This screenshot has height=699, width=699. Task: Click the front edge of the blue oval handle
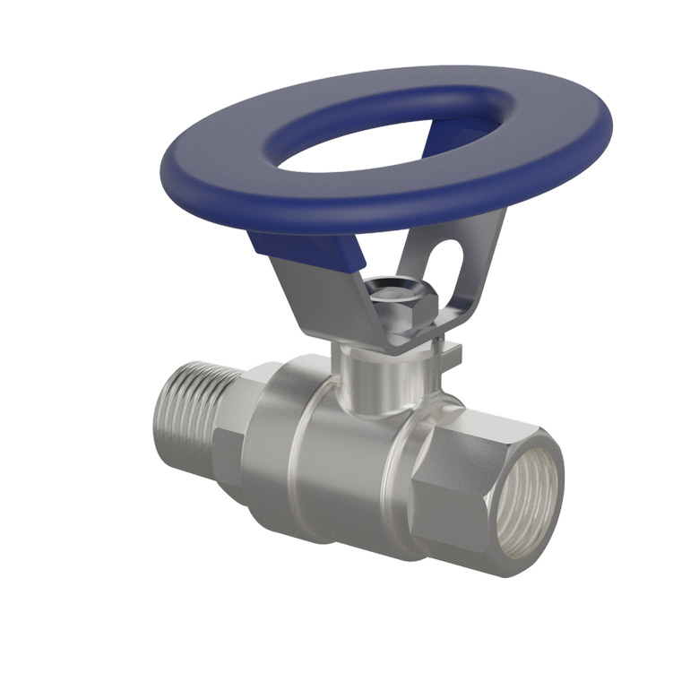(x=358, y=211)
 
